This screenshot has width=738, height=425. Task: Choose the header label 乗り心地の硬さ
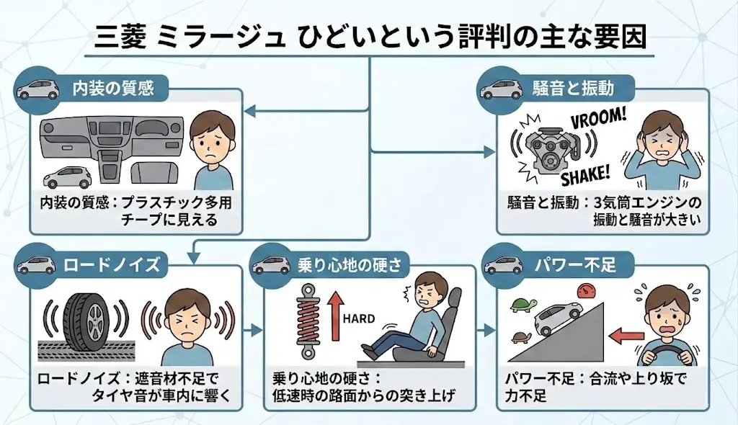click(349, 264)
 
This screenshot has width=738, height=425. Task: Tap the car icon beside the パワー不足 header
click(502, 264)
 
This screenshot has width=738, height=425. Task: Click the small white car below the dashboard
click(67, 176)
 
